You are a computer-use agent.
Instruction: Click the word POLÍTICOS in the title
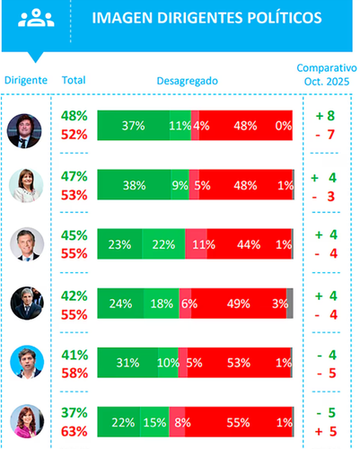[285, 18]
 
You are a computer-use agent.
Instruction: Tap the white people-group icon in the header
[36, 18]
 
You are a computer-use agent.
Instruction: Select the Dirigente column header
[26, 80]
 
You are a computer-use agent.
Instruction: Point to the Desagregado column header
[188, 81]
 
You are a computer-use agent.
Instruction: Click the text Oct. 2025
[327, 82]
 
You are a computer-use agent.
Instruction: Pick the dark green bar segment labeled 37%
[134, 126]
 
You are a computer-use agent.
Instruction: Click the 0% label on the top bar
[284, 126]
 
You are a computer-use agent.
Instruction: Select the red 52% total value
[75, 135]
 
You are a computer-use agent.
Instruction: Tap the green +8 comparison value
[325, 116]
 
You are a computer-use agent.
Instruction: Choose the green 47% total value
[75, 176]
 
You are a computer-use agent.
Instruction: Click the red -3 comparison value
[323, 197]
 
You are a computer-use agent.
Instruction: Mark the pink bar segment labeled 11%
[197, 244]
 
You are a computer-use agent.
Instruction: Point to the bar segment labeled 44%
[249, 244]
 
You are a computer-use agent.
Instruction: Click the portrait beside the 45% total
[27, 244]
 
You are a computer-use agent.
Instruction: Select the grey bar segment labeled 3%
[290, 304]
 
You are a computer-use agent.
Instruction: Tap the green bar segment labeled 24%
[120, 304]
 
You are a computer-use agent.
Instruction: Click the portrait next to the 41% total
[27, 362]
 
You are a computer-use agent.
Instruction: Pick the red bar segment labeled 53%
[239, 363]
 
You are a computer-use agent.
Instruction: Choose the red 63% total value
[75, 432]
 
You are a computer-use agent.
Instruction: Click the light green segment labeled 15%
[154, 422]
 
